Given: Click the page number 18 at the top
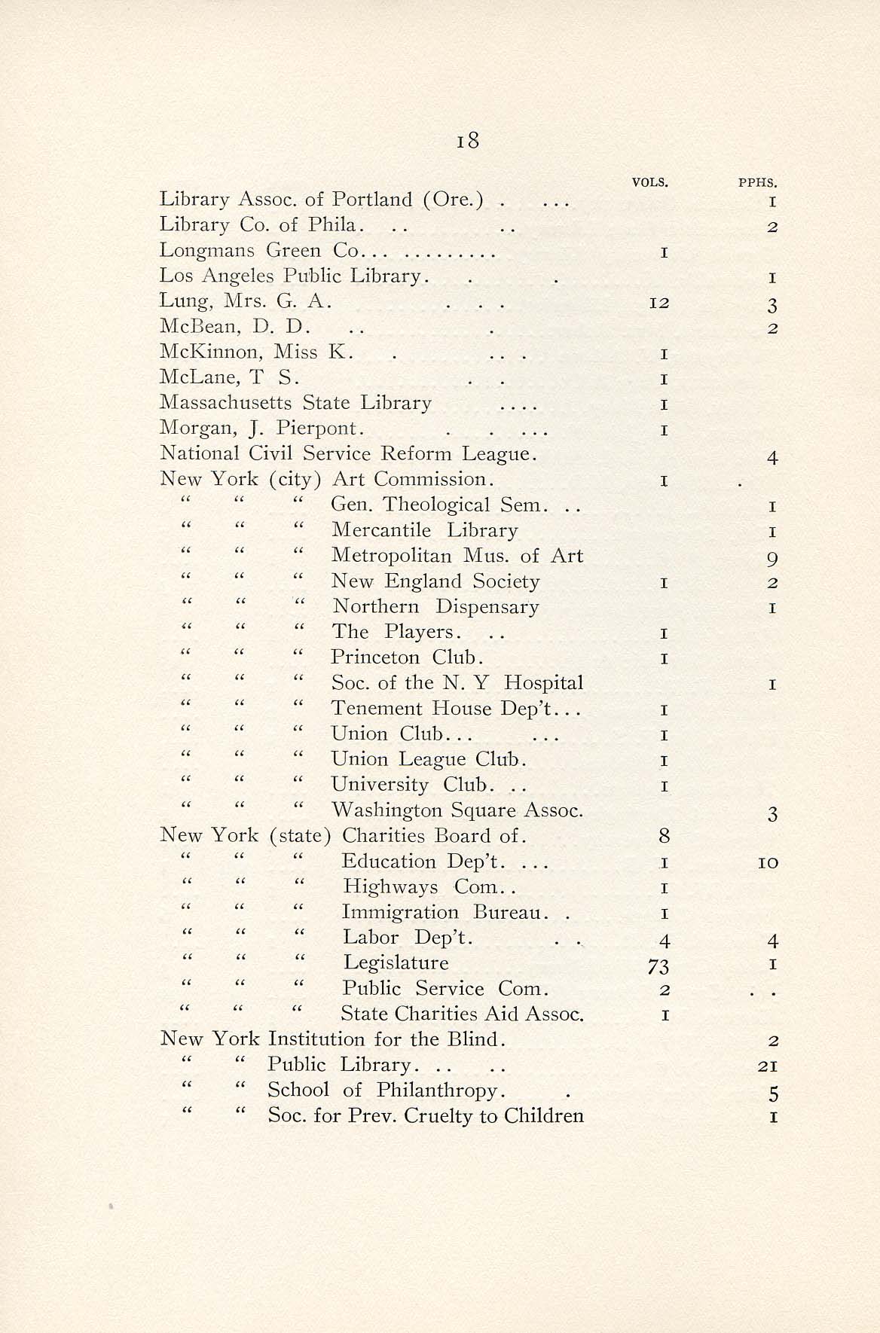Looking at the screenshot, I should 467,141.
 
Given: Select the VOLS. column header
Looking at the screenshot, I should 651,182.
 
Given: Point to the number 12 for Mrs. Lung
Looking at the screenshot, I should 659,303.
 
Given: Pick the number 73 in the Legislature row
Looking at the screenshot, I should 658,965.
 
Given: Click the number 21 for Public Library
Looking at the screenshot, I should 768,1066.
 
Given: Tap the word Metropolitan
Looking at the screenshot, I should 391,556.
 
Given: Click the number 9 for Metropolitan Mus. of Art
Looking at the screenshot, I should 772,559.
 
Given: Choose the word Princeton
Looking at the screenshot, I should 375,657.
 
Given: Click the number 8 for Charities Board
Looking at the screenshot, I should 663,836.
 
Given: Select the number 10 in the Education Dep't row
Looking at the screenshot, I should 768,863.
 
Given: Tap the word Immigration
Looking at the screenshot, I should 400,913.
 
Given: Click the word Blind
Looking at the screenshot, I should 472,1039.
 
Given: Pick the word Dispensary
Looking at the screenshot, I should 487,607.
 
